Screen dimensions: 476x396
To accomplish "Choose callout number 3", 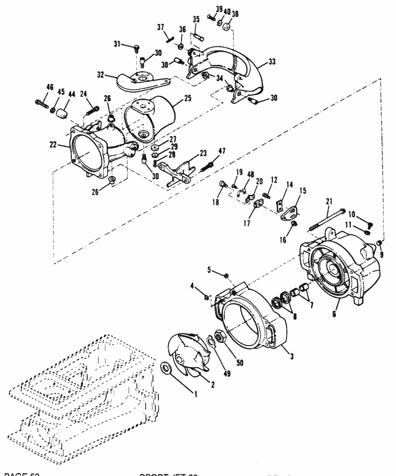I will tap(291, 356).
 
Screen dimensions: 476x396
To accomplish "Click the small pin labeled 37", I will tap(169, 36).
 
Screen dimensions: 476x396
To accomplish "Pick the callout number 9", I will tap(383, 254).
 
